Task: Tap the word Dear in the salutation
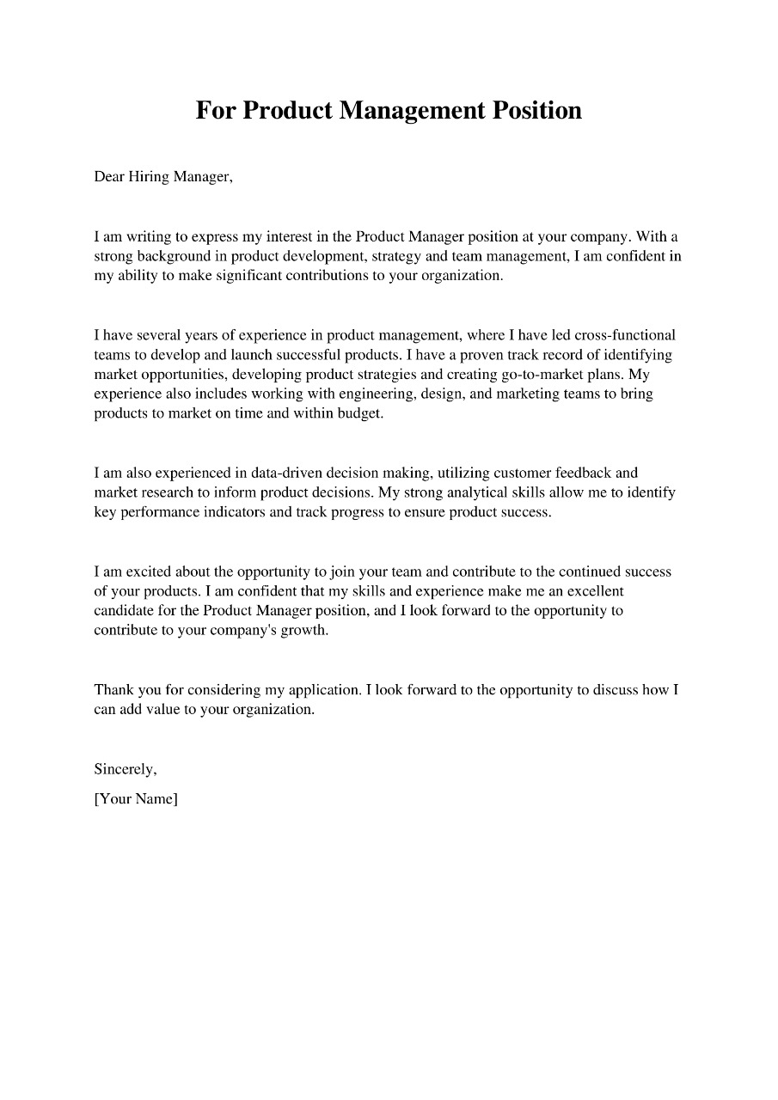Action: click(110, 177)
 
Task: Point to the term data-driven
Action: click(288, 474)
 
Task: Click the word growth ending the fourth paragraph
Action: click(305, 632)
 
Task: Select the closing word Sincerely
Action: click(126, 770)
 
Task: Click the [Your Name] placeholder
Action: click(136, 799)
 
